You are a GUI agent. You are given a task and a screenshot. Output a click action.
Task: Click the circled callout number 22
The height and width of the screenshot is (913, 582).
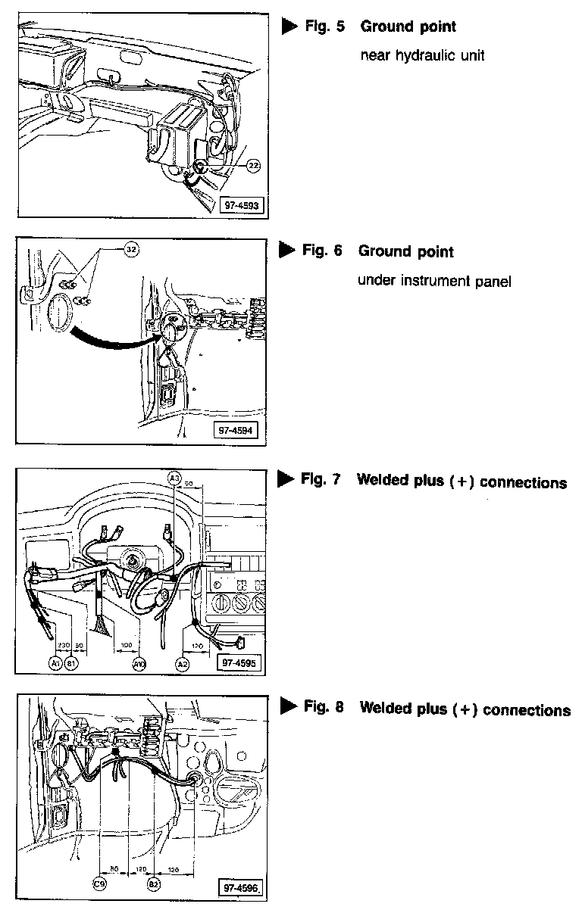(253, 167)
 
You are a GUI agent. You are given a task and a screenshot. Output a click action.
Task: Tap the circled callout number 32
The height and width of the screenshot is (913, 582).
(132, 248)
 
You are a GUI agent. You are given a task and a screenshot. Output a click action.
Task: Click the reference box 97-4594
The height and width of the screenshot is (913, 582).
(236, 430)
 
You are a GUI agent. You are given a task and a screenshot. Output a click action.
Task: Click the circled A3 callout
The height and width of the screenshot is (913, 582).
(174, 478)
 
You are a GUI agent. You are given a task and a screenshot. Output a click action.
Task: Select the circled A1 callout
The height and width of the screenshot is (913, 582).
(54, 663)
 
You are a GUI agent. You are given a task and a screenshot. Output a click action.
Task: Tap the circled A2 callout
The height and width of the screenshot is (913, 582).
(183, 663)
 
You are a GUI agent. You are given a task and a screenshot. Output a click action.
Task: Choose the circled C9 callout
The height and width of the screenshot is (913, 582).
(99, 883)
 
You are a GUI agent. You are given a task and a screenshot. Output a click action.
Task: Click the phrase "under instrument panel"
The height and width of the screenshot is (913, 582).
(434, 281)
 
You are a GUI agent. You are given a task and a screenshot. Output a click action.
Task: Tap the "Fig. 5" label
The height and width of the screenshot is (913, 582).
(324, 26)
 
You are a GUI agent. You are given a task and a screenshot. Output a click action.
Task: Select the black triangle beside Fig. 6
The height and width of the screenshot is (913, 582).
(286, 250)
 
